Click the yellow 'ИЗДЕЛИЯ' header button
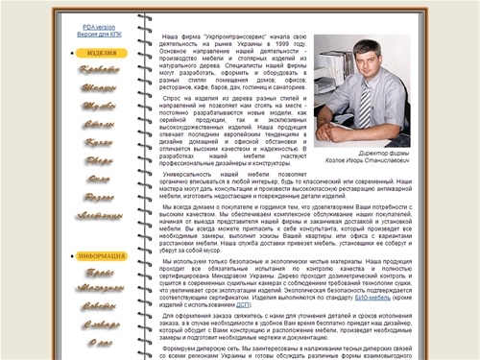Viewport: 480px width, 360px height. pyautogui.click(x=102, y=54)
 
